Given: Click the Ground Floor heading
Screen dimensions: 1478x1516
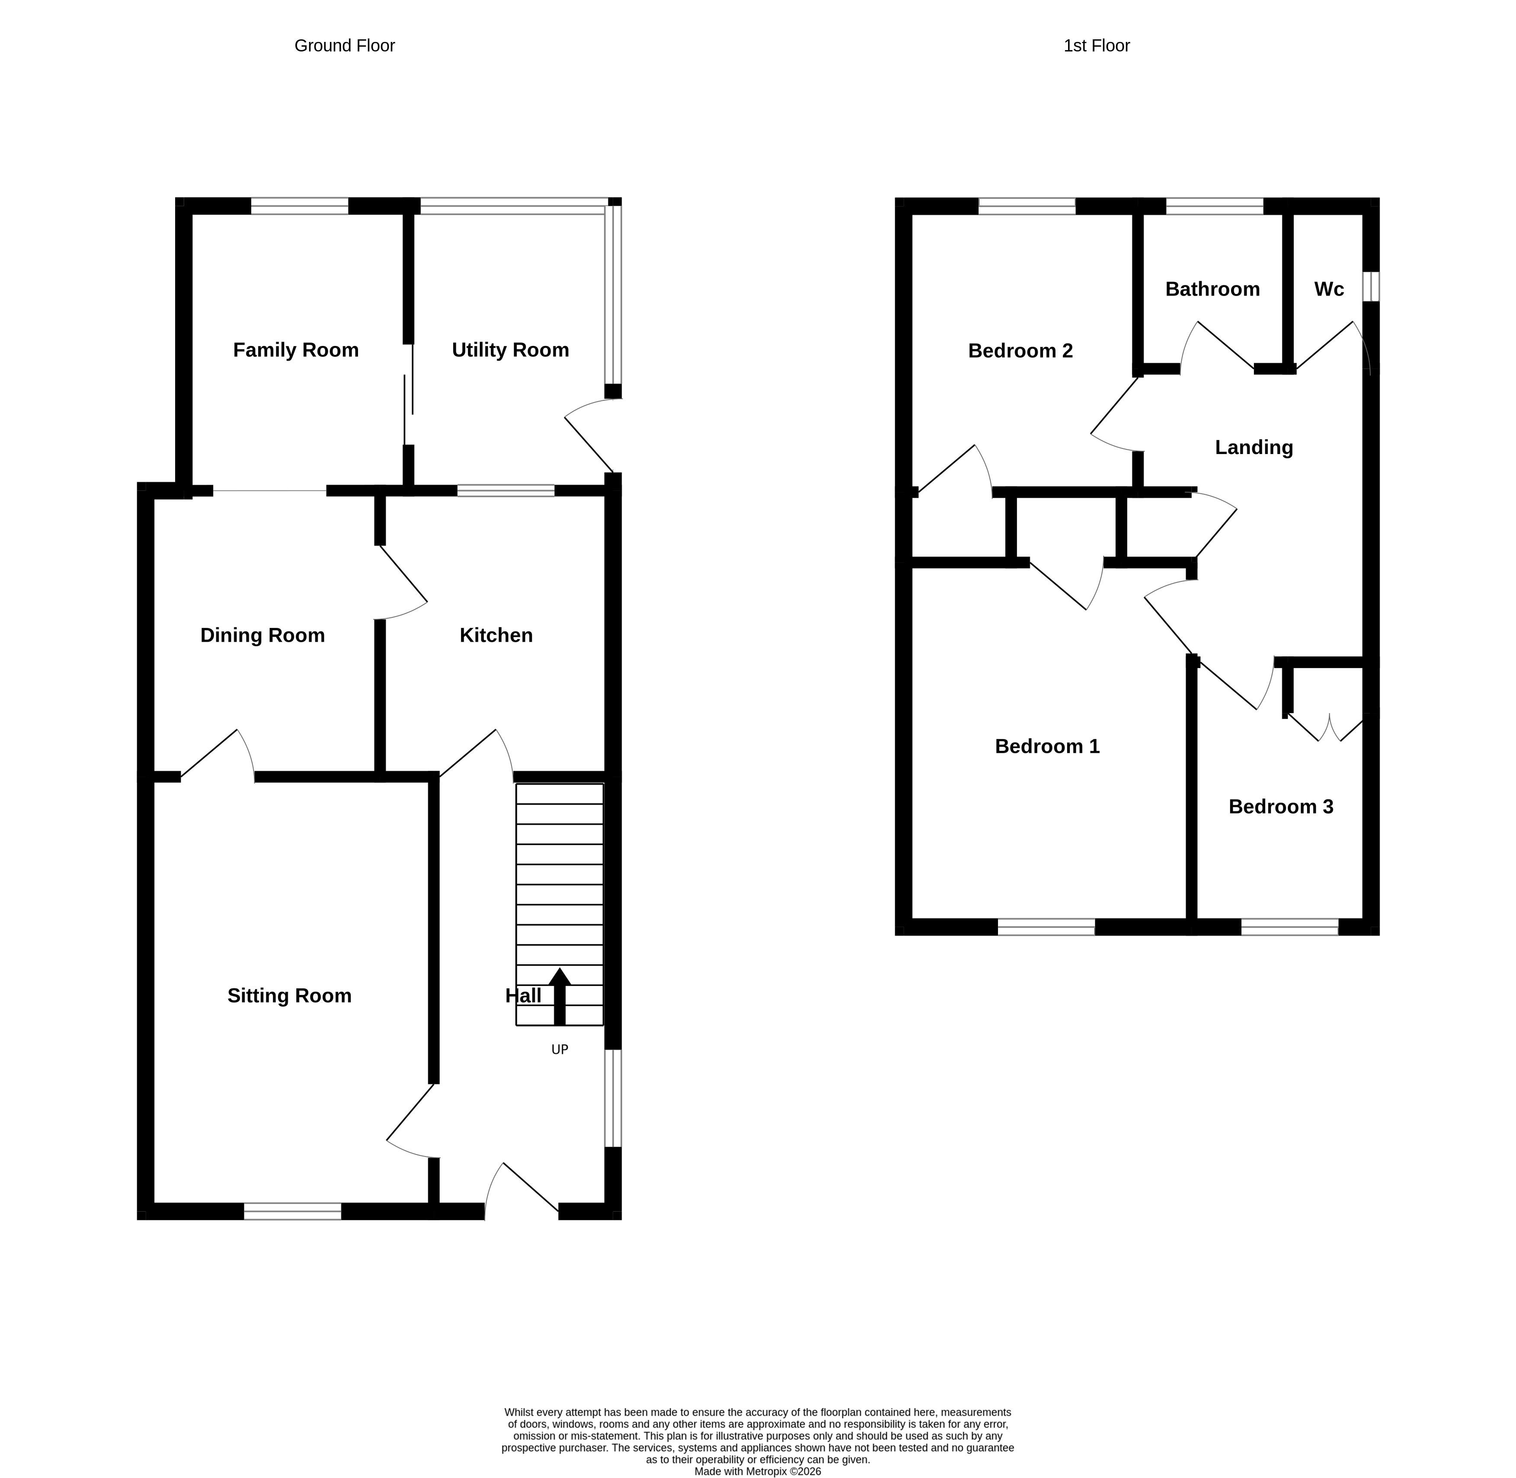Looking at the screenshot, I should click(x=345, y=46).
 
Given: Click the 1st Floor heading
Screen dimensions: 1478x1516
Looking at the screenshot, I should click(x=1096, y=46).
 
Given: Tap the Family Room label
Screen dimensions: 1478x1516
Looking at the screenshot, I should click(x=296, y=350).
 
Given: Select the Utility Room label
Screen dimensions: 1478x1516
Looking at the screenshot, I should click(x=510, y=350).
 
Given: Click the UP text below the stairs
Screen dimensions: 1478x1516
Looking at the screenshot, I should click(x=560, y=1049).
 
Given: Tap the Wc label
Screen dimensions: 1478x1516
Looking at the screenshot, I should click(x=1329, y=290).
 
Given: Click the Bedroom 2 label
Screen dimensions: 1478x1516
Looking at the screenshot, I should click(x=1020, y=351).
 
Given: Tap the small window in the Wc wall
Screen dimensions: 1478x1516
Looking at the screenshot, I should click(x=1372, y=286).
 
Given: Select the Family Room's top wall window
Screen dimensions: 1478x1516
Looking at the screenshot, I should click(x=300, y=206).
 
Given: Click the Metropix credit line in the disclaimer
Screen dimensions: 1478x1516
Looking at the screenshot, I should click(x=758, y=1471).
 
